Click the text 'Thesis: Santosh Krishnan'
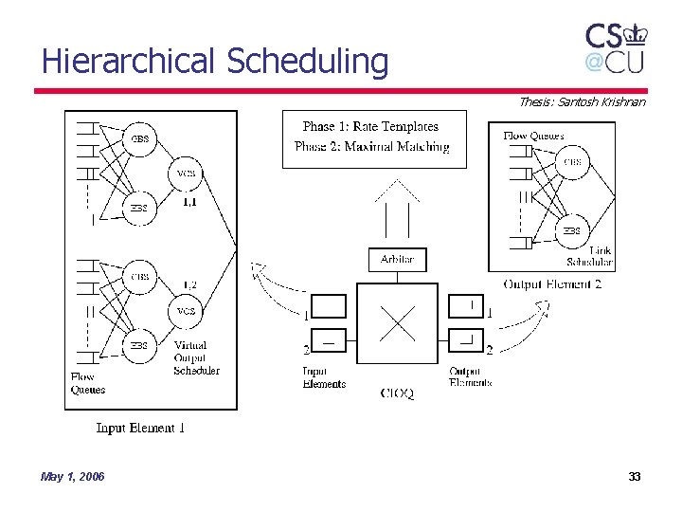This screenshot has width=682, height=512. point(582,101)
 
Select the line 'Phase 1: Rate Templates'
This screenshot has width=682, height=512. point(370,126)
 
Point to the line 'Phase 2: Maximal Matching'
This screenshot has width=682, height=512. point(372,146)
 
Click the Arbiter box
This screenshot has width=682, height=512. point(397,259)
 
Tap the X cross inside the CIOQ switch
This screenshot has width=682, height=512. point(397,322)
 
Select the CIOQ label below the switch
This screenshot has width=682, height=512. point(397,393)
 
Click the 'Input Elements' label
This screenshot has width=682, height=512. point(324,377)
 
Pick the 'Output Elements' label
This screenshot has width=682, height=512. point(471,377)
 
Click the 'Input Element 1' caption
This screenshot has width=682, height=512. point(140,428)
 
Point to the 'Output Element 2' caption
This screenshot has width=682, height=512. point(552,283)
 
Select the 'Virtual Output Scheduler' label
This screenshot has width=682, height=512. point(196,357)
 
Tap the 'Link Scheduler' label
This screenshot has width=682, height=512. point(589,256)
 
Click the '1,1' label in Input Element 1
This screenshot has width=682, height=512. point(189,202)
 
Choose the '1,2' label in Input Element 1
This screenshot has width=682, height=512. point(189,284)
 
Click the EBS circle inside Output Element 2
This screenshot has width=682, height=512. point(572,230)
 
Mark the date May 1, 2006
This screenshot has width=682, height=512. point(73,476)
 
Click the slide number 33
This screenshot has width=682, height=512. point(635,476)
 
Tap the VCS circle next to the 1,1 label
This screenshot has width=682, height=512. point(186,174)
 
